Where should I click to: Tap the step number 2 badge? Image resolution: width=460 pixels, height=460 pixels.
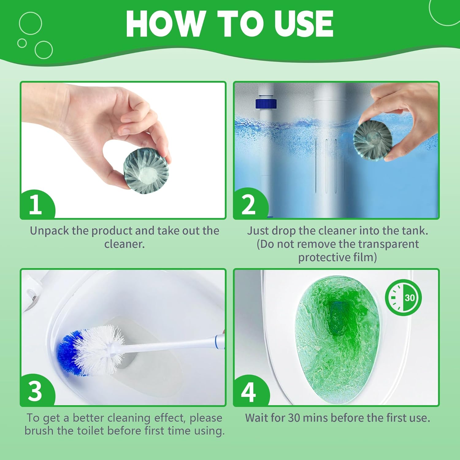click(248, 205)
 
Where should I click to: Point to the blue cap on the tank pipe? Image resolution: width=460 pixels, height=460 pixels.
click(266, 103)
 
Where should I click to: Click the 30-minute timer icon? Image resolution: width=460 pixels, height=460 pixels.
click(403, 297)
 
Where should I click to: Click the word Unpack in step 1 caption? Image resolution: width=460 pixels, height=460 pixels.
click(49, 231)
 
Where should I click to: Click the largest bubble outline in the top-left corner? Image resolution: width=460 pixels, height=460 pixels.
click(30, 23)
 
